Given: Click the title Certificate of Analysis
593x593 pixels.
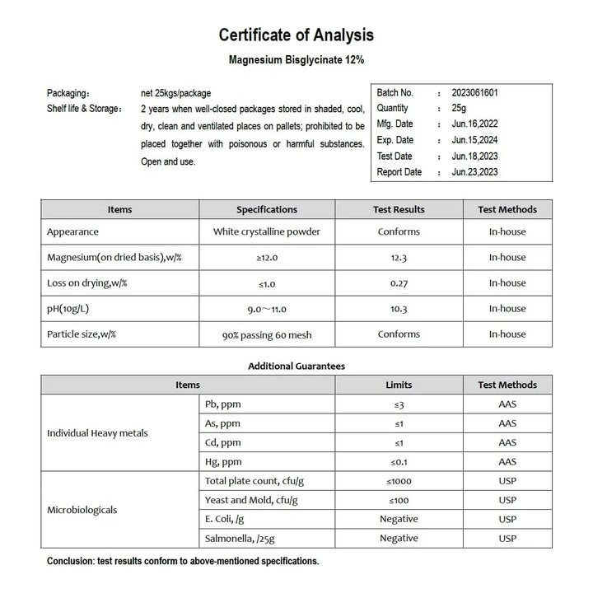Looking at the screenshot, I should pos(296,35).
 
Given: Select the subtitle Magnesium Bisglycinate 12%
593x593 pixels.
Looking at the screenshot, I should pos(296,61).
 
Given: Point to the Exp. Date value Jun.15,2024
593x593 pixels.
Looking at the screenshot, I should pos(474,140).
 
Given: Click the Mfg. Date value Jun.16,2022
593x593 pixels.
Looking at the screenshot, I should pos(474,124).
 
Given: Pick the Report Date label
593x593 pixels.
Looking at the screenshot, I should pos(399,172).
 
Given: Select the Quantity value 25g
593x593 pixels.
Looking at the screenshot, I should pos(460,108).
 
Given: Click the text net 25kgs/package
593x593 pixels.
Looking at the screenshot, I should pos(175,93).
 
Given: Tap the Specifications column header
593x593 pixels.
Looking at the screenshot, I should pos(267,209).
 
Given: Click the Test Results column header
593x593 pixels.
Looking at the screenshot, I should pos(399,209).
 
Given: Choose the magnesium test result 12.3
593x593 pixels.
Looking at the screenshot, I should pos(399,258).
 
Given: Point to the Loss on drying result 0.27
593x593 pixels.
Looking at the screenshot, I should pos(399,283).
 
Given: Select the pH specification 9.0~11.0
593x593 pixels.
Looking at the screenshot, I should pos(267,309).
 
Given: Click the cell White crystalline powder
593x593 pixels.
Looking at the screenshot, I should pos(267,232).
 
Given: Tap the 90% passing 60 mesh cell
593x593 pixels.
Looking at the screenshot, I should pos(267,334).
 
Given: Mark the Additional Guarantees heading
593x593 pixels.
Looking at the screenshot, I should pos(296,366).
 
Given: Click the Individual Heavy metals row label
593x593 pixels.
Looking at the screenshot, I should pos(98,433).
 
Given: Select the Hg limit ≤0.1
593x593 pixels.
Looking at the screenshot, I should pos(399,462).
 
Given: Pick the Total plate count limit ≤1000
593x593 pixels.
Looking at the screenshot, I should pos(399,481).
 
